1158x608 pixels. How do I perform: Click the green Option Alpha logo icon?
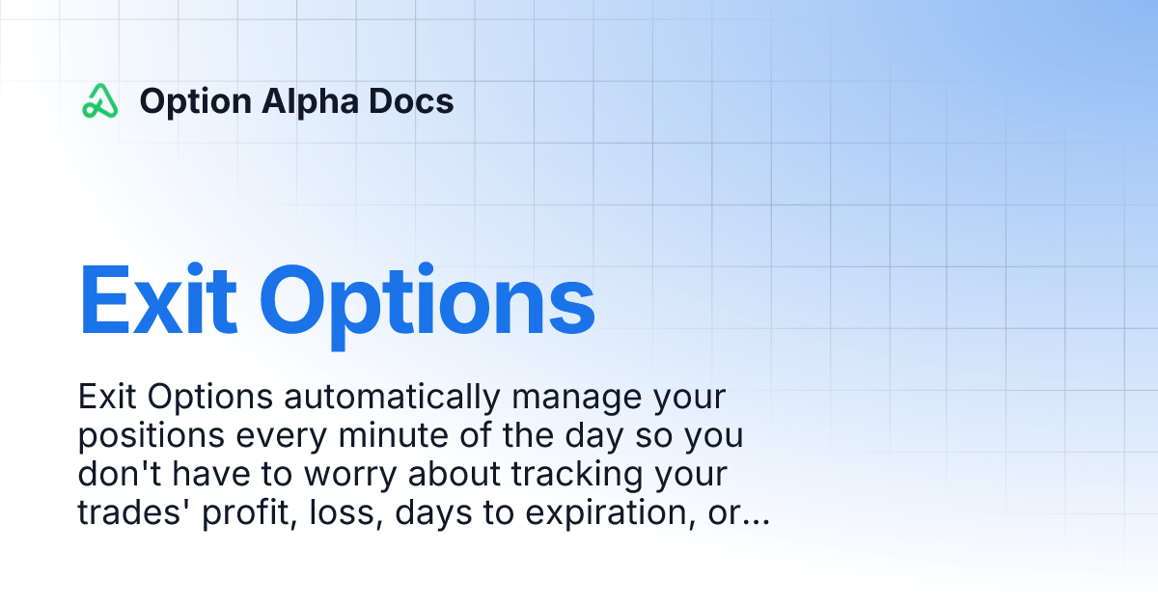click(99, 101)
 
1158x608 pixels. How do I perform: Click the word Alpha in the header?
click(310, 102)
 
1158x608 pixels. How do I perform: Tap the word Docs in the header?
click(411, 101)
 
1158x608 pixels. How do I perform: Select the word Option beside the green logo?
click(195, 102)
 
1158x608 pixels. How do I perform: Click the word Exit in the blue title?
click(157, 300)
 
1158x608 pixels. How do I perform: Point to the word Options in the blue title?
click(427, 305)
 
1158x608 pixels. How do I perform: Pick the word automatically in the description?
click(392, 398)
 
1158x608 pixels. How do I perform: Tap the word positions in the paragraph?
click(151, 437)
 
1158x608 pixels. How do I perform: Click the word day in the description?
click(594, 437)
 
